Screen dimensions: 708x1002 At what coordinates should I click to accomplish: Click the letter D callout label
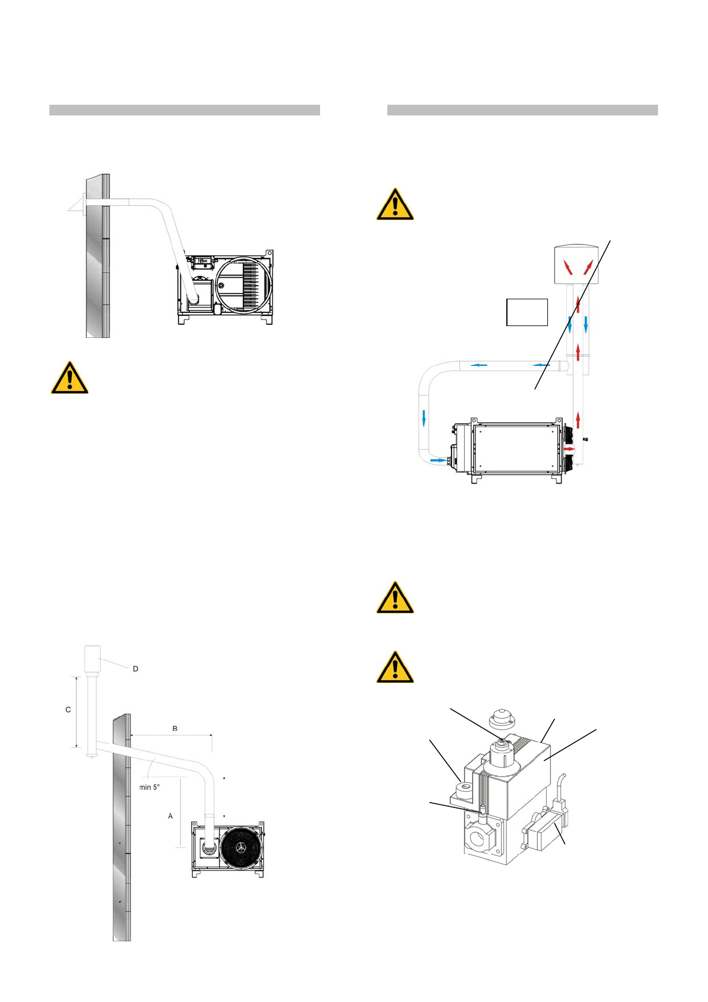[135, 669]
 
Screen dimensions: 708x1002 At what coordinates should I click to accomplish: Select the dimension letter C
[68, 710]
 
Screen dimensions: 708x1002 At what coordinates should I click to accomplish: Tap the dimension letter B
[174, 728]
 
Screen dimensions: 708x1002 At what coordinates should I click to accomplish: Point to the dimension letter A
[170, 816]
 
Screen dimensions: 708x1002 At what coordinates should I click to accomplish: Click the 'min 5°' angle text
[149, 787]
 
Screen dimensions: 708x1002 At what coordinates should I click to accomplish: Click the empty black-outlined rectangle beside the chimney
[527, 312]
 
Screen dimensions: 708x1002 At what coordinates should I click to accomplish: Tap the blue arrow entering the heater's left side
[437, 460]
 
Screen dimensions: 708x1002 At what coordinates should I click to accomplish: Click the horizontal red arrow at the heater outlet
[569, 448]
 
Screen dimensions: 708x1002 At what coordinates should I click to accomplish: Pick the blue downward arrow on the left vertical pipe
[424, 417]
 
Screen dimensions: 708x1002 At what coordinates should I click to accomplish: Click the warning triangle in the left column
[70, 378]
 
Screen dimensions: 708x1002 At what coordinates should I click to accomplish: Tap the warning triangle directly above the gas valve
[395, 667]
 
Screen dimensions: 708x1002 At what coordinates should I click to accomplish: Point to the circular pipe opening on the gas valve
[477, 841]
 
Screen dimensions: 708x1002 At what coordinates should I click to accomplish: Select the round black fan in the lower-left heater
[240, 847]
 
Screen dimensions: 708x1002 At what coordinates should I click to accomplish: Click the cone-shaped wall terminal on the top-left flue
[75, 205]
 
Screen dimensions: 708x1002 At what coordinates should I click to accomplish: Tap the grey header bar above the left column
[184, 110]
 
